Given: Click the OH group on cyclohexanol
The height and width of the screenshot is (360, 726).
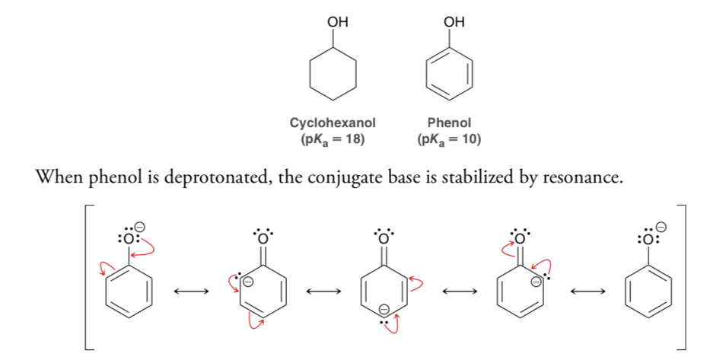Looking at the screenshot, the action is pyautogui.click(x=337, y=22).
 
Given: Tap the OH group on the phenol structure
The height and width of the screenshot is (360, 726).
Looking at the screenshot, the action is pyautogui.click(x=454, y=22).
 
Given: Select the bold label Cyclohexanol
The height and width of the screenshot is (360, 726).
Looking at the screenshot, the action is pyautogui.click(x=333, y=123).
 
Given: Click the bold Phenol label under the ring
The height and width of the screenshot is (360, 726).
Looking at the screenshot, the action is pyautogui.click(x=449, y=123).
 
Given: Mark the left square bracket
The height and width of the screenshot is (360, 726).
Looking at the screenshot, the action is pyautogui.click(x=87, y=276).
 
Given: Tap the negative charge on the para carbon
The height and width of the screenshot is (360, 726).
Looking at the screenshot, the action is pyautogui.click(x=384, y=309).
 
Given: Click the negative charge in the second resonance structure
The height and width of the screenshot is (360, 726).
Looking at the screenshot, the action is pyautogui.click(x=248, y=281).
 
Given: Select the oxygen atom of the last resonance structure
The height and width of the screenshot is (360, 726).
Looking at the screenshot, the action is pyautogui.click(x=648, y=240).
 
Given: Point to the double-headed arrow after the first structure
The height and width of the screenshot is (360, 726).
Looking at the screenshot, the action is pyautogui.click(x=191, y=291).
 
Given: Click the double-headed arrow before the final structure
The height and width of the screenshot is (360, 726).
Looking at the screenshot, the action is pyautogui.click(x=587, y=291).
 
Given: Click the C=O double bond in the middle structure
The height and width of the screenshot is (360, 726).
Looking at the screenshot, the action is pyautogui.click(x=383, y=256).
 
